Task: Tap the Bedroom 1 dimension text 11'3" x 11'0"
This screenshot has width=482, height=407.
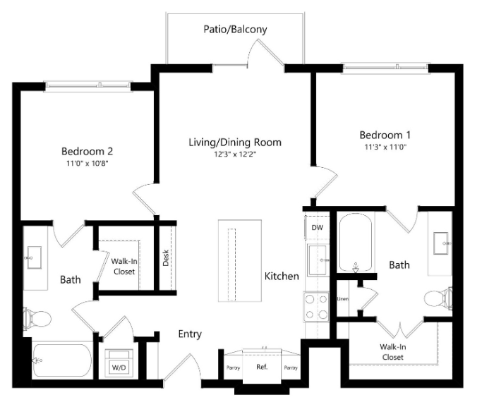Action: coord(385,147)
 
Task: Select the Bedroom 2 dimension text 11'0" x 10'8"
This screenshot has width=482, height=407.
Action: coord(88,163)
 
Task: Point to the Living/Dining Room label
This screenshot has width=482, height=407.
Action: coord(235,142)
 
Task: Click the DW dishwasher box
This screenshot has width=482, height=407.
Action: coord(318,227)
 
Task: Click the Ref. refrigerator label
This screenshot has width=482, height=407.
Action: coord(262,367)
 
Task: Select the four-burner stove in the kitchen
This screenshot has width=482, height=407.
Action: coord(316,307)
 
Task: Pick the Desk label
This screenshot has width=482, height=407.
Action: coord(166,258)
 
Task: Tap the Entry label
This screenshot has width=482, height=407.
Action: coord(191,334)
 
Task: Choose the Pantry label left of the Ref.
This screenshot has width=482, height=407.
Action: coord(233,367)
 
